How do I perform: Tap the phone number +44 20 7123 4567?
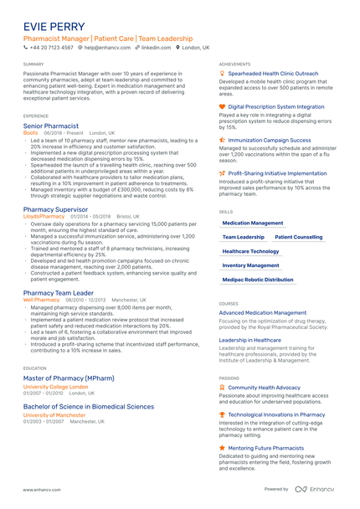(x=51, y=48)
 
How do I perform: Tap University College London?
(x=55, y=388)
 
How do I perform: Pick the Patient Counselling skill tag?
(x=298, y=237)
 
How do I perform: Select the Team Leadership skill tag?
(x=244, y=237)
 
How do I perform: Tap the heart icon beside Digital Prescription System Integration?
(x=222, y=107)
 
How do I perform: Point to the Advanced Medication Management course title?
(x=263, y=313)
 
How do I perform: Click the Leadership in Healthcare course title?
(x=250, y=340)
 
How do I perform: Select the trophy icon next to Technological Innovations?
(x=222, y=414)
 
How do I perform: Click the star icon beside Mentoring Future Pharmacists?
(x=222, y=448)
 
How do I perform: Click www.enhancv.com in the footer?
(x=39, y=490)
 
